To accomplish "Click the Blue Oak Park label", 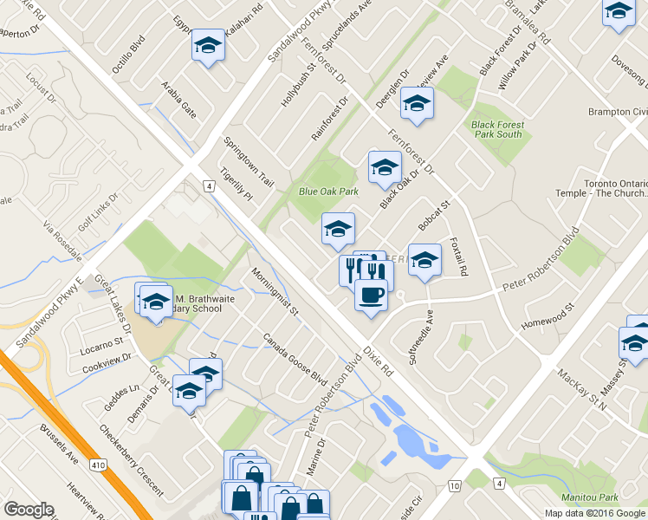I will tap(328, 192).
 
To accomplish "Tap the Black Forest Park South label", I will tap(497, 129).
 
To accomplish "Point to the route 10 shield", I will tap(455, 485).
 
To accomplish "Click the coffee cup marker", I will tap(371, 296).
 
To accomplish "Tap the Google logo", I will tap(29, 510).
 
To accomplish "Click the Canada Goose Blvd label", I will tap(295, 361).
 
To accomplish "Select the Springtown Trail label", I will tap(249, 155).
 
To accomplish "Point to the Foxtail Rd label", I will tap(457, 258).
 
